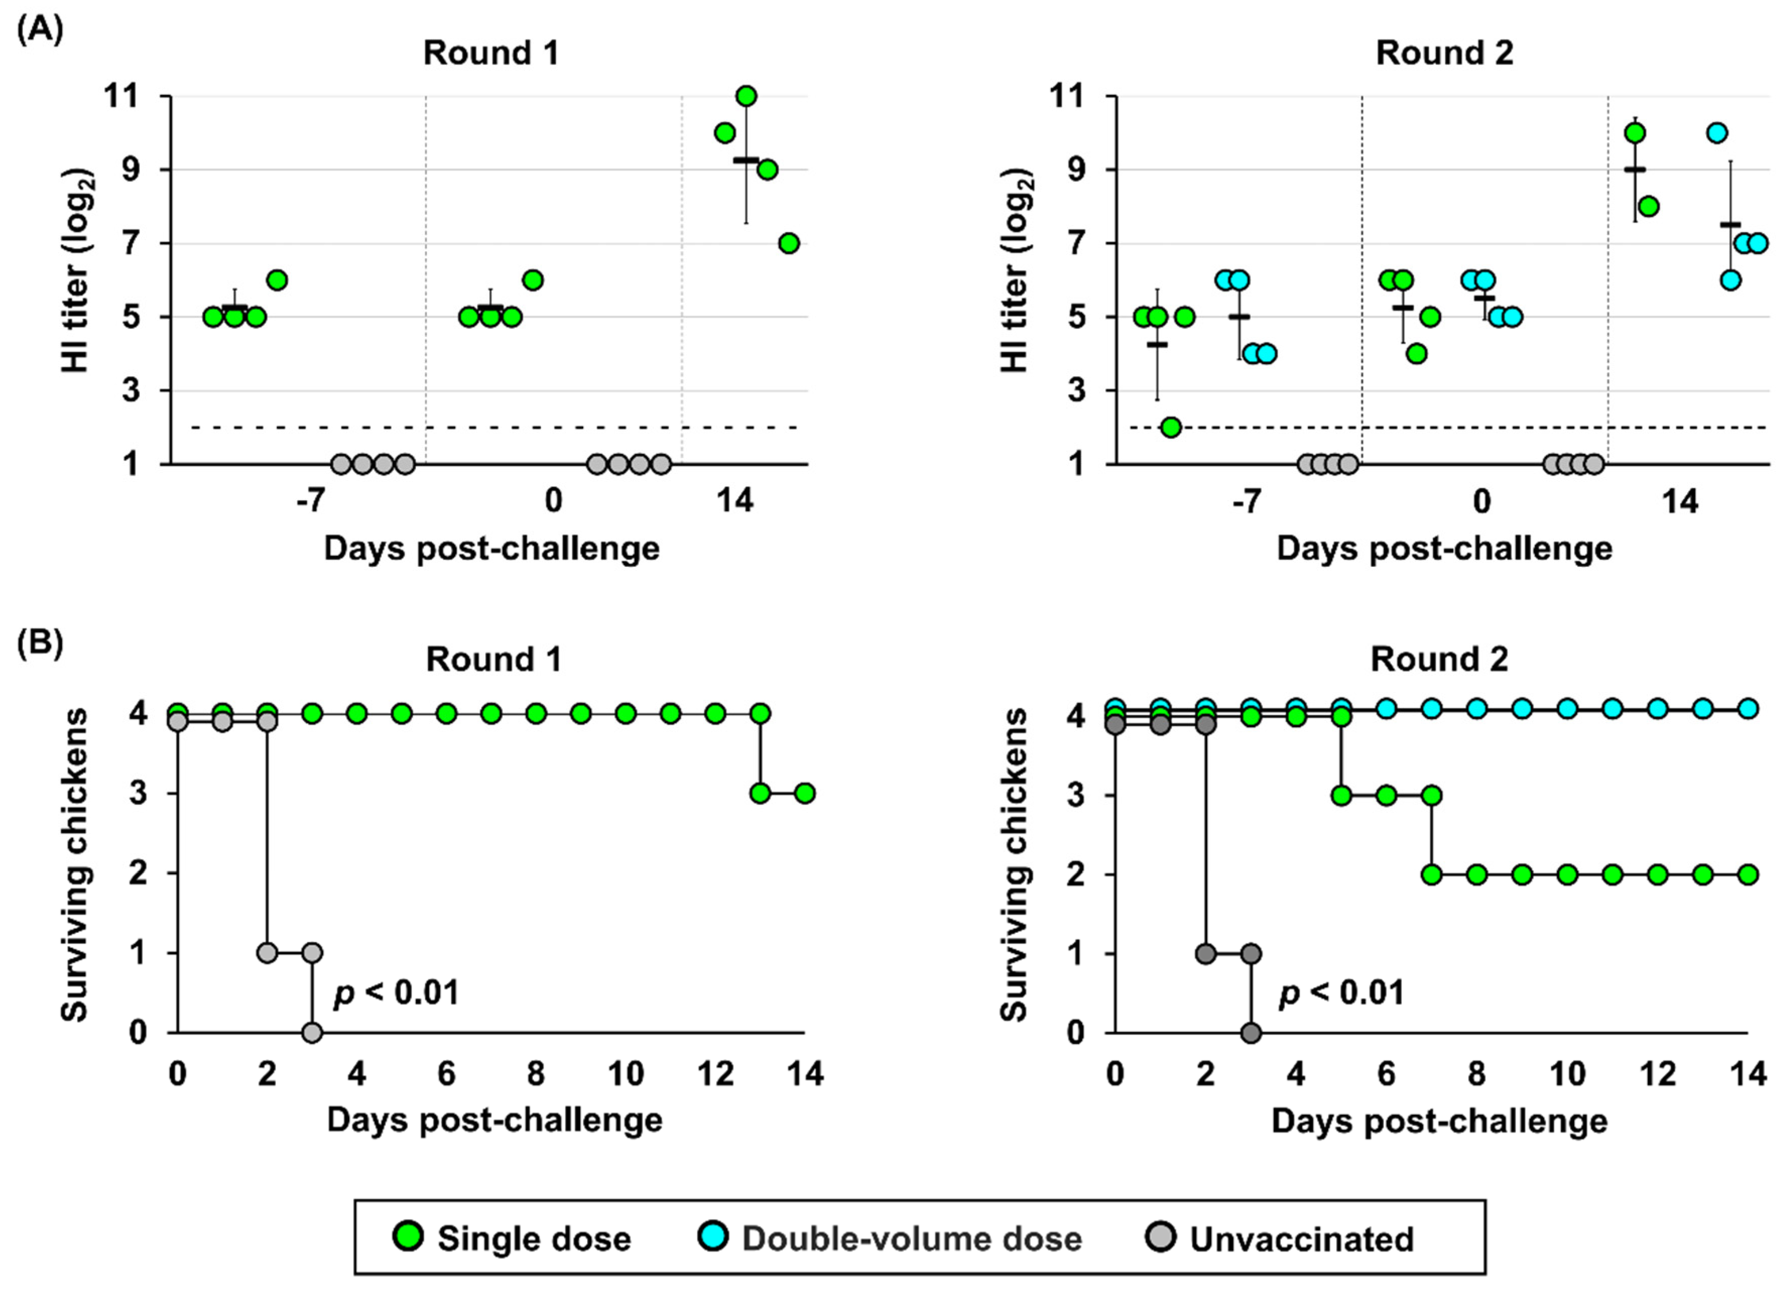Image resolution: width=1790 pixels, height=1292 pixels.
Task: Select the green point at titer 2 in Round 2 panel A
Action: coord(1171,427)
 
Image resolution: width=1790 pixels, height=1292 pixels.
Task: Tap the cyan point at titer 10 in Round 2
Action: coord(1716,133)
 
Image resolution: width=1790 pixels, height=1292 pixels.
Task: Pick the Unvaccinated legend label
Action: coord(1302,1239)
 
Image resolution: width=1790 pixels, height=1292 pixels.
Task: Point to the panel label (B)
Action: coord(39,643)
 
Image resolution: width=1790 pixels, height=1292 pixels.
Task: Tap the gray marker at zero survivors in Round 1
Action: coord(312,1032)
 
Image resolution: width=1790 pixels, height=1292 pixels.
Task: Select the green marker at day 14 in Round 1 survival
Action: coord(804,793)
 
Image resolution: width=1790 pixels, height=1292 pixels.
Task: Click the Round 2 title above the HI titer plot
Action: coord(1444,53)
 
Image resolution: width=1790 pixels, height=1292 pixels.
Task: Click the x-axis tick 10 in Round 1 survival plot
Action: coord(626,1074)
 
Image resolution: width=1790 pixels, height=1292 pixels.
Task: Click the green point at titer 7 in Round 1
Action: coord(789,243)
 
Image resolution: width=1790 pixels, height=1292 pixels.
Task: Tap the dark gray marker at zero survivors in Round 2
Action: coord(1250,1032)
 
